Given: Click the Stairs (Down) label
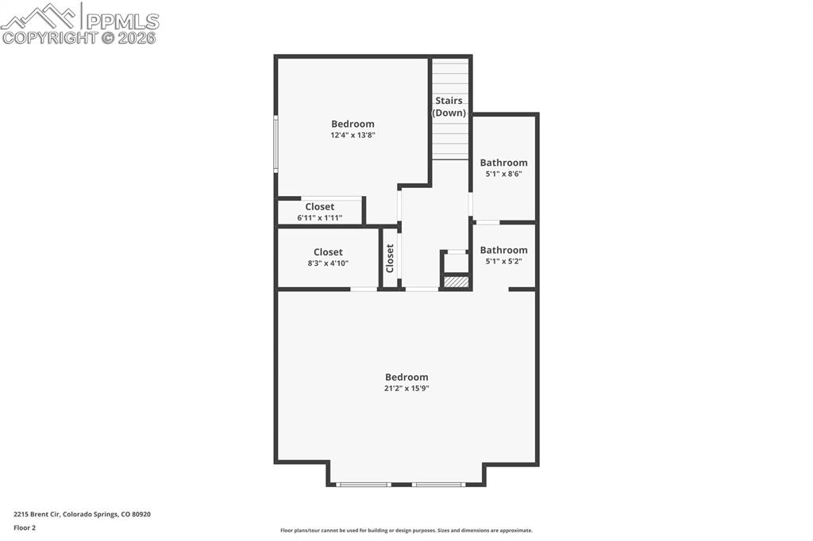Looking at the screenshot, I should tap(449, 106).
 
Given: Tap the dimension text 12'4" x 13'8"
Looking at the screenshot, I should tap(353, 135).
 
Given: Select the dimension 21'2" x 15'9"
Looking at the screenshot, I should tap(406, 388).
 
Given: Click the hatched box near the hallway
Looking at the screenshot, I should tap(456, 282).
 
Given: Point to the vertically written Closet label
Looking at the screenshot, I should tap(390, 258).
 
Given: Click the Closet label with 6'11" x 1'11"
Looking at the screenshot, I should tap(319, 206).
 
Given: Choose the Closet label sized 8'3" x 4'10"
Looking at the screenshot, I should tap(328, 252).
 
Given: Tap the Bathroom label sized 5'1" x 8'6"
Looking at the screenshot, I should tap(503, 163).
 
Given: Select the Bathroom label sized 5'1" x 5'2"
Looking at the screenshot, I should tap(503, 250).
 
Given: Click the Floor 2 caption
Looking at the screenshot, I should tap(25, 527).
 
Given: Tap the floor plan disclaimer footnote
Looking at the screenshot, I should tap(406, 531).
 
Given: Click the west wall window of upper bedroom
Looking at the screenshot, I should tap(275, 144).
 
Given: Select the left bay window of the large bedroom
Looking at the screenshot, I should tap(364, 484).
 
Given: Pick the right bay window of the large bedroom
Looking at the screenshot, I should tap(438, 484).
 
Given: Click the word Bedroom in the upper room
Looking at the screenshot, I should tap(353, 124).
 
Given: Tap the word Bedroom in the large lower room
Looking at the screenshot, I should tap(406, 377).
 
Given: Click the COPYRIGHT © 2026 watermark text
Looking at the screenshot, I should tap(79, 37).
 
